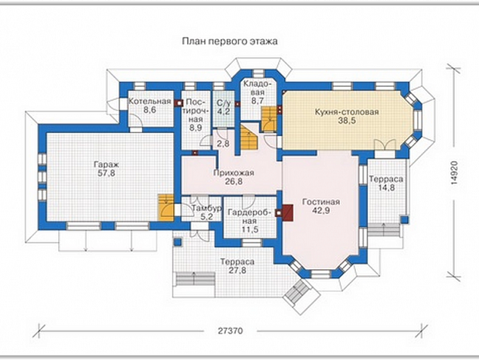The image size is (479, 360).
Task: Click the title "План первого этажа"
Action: [x=230, y=41]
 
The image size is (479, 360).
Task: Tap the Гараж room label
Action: [x=107, y=165]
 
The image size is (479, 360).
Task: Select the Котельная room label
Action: [x=150, y=101]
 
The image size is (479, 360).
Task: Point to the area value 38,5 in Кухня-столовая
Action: [x=347, y=120]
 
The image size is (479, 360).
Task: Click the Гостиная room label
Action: [x=321, y=202]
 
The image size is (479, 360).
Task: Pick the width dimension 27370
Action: [x=230, y=331]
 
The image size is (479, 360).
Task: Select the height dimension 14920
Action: [x=454, y=172]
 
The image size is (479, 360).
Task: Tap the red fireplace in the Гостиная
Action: [x=288, y=213]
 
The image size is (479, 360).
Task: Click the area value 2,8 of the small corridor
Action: [x=223, y=144]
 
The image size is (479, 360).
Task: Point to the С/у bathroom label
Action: [x=224, y=103]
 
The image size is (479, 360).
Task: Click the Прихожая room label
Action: [x=233, y=173]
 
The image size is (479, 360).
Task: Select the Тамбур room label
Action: [x=206, y=208]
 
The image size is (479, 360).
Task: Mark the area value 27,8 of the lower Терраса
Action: [x=237, y=271]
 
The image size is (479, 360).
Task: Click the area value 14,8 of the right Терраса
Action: [x=386, y=188]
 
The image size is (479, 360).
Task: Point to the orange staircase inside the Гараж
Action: [x=166, y=208]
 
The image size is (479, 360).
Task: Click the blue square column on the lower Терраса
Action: [x=178, y=242]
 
